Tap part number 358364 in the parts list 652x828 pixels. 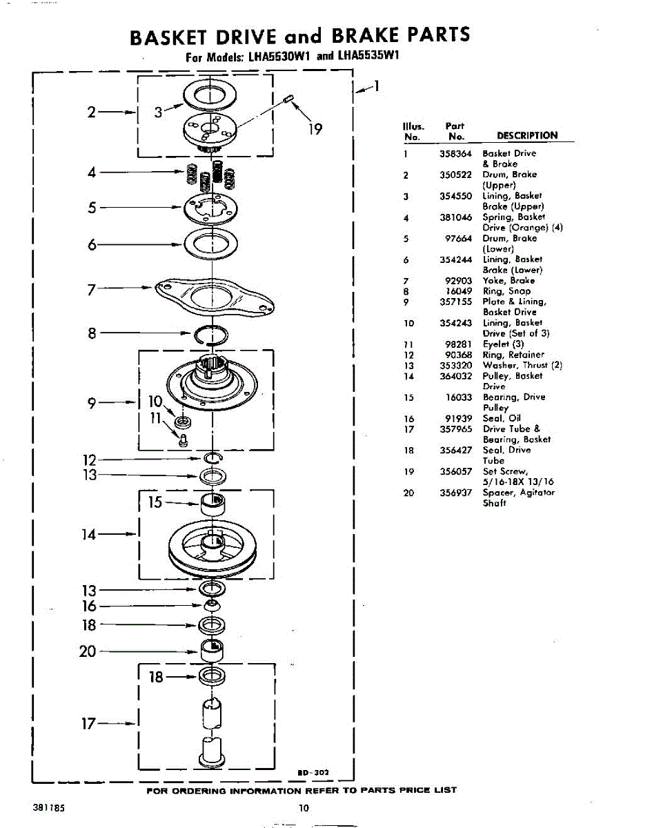(455, 153)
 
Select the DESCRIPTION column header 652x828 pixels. (526, 135)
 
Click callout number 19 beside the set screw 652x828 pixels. (315, 129)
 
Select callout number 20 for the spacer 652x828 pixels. (88, 651)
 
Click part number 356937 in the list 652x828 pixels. (455, 493)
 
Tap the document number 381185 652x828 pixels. (47, 806)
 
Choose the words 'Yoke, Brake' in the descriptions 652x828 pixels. (508, 281)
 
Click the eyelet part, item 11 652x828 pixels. (184, 440)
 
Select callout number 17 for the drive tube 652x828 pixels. (88, 724)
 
